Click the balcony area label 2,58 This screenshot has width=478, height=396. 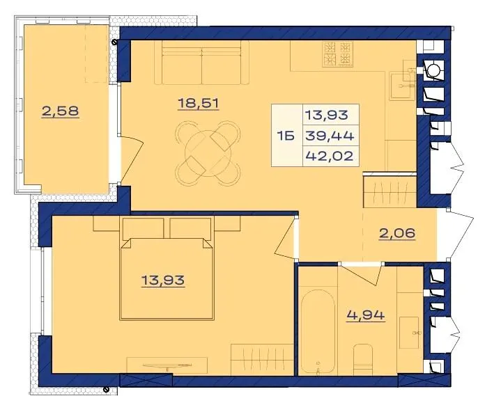pyautogui.click(x=61, y=111)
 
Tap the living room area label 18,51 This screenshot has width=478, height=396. pyautogui.click(x=199, y=104)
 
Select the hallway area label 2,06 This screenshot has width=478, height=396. pyautogui.click(x=397, y=233)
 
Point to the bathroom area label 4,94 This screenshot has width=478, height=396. pyautogui.click(x=366, y=315)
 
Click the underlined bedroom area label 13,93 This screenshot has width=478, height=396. pyautogui.click(x=163, y=280)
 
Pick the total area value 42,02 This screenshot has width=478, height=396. pyautogui.click(x=330, y=156)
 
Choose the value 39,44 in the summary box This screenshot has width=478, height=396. pyautogui.click(x=330, y=136)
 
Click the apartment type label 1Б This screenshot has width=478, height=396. pyautogui.click(x=286, y=136)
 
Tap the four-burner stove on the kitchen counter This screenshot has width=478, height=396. pyautogui.click(x=338, y=54)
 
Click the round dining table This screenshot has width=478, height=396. pyautogui.click(x=208, y=154)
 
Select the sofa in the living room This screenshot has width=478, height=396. pyautogui.click(x=202, y=63)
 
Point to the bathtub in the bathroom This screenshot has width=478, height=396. pyautogui.click(x=318, y=331)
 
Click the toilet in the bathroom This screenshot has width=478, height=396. pyautogui.click(x=363, y=360)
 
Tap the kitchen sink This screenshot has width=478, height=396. pyautogui.click(x=403, y=86)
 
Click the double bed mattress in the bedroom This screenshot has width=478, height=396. pyautogui.click(x=167, y=278)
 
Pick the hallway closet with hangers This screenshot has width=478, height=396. pyautogui.click(x=390, y=192)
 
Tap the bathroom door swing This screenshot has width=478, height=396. pyautogui.click(x=362, y=274)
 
